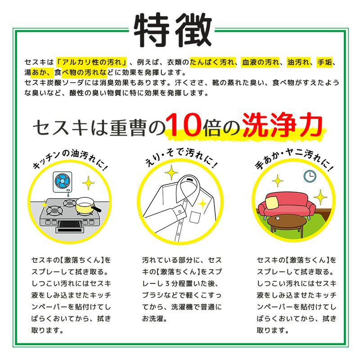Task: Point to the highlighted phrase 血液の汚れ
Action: pos(261,63)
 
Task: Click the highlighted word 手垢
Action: pos(324,63)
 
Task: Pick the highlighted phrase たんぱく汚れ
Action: pos(212,63)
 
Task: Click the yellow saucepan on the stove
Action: pos(85,207)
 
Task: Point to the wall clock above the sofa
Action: pos(310,176)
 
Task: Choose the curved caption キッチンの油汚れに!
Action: pos(70,158)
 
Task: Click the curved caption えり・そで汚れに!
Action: pos(180,155)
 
